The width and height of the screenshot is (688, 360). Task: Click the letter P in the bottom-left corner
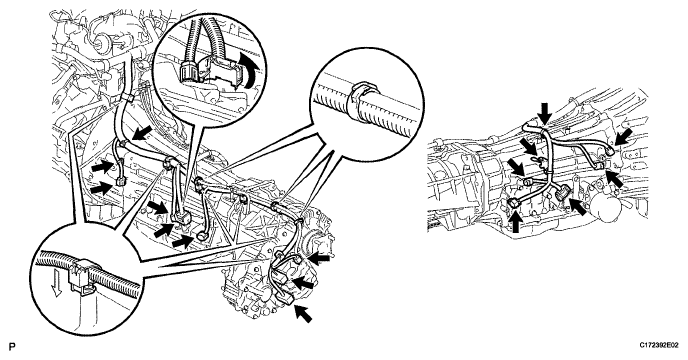[x=12, y=347]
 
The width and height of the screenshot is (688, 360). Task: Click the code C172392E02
[x=658, y=346]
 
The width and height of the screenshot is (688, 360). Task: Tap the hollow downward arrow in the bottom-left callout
[x=55, y=284]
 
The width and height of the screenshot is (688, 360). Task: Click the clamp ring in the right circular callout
[x=362, y=101]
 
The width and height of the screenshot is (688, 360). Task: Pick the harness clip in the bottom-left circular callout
[x=82, y=276]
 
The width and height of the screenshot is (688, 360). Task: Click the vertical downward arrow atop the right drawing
[x=545, y=112]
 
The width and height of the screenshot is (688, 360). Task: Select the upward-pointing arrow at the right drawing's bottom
[x=517, y=222]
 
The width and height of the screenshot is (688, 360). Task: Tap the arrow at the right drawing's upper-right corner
[x=623, y=136]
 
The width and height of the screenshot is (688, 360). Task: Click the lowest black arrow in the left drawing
[x=303, y=313]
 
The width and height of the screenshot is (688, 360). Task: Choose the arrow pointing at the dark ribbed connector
[x=579, y=206]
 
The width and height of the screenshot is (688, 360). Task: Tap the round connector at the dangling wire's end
[x=201, y=237]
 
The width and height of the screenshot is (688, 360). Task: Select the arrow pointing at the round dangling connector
[x=183, y=241]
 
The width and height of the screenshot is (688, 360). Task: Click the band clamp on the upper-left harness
[x=126, y=97]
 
